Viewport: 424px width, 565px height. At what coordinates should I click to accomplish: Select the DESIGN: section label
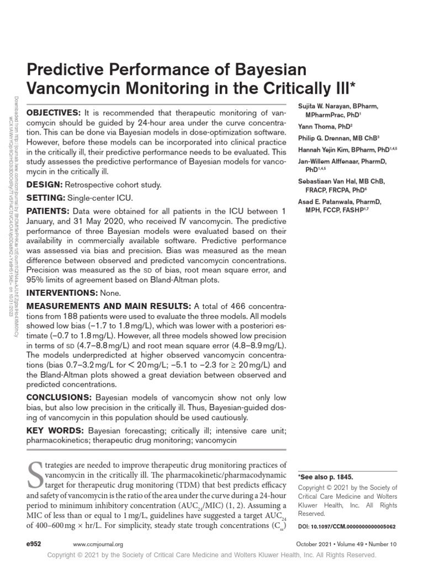click(44, 185)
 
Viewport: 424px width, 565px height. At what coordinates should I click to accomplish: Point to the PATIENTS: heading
click(48, 211)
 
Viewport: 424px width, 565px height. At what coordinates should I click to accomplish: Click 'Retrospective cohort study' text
click(113, 185)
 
